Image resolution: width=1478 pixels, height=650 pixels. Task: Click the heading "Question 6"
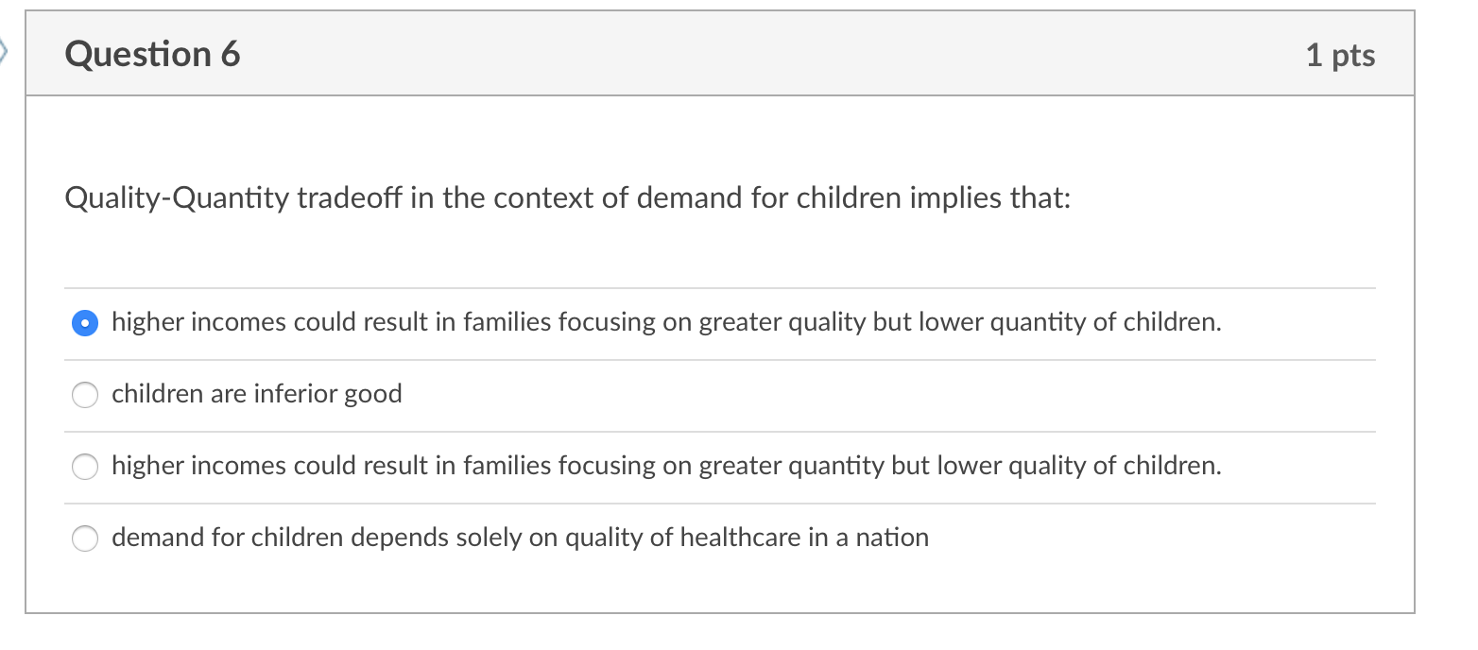(x=152, y=54)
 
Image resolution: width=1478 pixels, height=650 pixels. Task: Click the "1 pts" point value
(x=1340, y=55)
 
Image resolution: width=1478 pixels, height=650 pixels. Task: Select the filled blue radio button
(x=85, y=323)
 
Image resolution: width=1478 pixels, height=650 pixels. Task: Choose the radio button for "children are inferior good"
(x=85, y=395)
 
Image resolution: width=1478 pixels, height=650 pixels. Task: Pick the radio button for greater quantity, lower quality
(x=85, y=467)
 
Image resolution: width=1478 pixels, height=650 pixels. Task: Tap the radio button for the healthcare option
(x=85, y=539)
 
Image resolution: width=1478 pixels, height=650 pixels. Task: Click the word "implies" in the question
(x=959, y=199)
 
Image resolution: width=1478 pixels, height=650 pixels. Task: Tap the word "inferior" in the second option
(x=294, y=393)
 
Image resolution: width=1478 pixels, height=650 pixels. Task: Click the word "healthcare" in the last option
(x=740, y=537)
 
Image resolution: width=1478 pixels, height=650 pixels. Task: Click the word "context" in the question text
(x=536, y=198)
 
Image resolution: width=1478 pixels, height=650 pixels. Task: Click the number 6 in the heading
(x=231, y=54)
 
